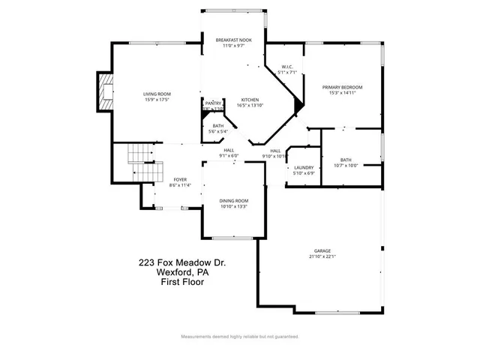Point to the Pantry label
point(213,106)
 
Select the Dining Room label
point(233,203)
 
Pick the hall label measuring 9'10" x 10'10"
point(275,153)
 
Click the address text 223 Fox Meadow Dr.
point(182,262)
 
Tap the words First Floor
point(182,282)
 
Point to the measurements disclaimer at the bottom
point(239,337)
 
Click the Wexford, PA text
point(182,272)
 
